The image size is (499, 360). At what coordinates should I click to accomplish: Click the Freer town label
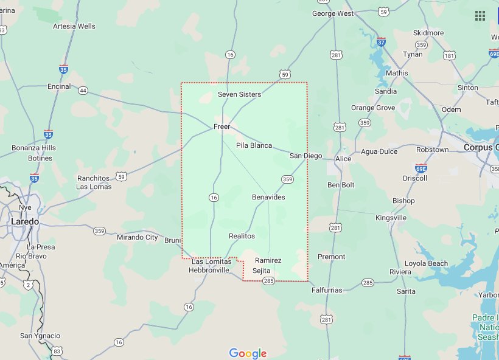tap(222, 126)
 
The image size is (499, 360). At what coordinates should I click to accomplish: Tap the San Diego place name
tap(305, 156)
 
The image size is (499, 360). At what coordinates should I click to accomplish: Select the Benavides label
tap(268, 197)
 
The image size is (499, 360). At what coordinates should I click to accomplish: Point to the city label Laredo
tap(25, 222)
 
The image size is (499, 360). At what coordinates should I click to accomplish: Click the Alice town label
tap(343, 159)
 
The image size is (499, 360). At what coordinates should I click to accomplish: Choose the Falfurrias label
tap(327, 290)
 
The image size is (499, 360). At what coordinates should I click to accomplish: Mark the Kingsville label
tap(391, 218)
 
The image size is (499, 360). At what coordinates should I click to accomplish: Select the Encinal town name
tap(59, 86)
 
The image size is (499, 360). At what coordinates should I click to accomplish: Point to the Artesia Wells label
tap(74, 26)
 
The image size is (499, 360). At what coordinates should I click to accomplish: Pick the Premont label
tap(331, 257)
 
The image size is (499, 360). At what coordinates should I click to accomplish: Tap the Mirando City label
tap(138, 237)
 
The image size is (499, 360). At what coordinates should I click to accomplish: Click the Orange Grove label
tap(373, 108)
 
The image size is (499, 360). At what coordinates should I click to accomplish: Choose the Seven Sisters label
tap(240, 94)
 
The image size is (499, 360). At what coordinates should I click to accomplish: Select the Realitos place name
tap(242, 236)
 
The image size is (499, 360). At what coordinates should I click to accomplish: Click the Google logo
tap(248, 353)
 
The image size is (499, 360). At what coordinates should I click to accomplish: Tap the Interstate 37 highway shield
tap(381, 43)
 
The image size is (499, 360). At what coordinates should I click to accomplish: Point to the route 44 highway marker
tap(83, 91)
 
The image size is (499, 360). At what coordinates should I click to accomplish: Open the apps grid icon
tap(480, 16)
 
